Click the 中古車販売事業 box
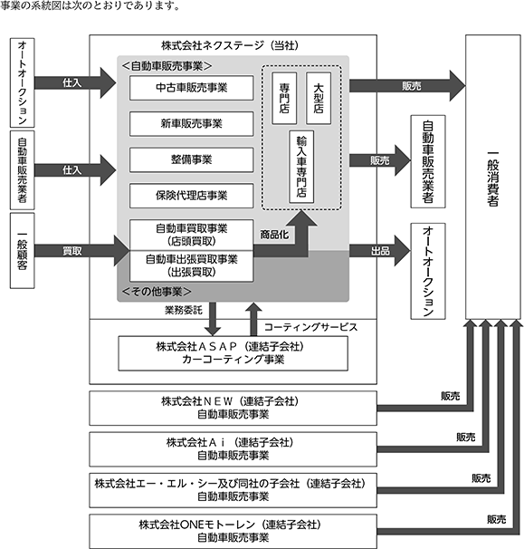point(191,88)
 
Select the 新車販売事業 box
point(191,123)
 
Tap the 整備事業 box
point(191,159)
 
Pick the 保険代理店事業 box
point(191,196)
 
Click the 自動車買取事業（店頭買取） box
point(191,235)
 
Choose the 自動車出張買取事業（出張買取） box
point(191,266)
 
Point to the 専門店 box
point(284,98)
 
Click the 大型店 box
point(319,98)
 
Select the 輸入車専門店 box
point(301,167)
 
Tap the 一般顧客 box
point(22,251)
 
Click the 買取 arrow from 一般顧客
point(81,251)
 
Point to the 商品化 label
point(274,235)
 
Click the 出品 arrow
point(380,251)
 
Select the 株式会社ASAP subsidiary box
point(233,353)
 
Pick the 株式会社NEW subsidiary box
point(233,409)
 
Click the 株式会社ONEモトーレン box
point(233,531)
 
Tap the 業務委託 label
point(184,310)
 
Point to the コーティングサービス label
point(311,327)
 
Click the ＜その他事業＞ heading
point(157,292)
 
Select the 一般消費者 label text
point(493,178)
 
